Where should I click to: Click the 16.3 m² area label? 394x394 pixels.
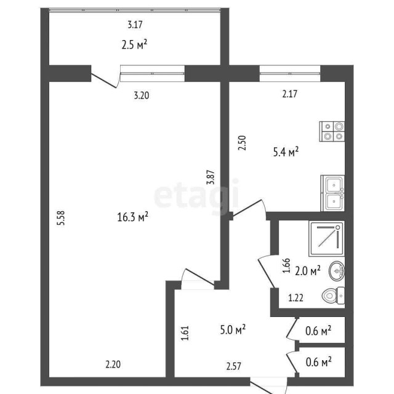133,217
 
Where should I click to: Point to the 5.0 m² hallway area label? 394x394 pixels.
233,330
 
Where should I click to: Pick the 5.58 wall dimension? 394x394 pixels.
60,220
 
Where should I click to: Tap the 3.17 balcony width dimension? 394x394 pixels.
135,25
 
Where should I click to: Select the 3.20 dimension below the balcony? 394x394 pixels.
142,95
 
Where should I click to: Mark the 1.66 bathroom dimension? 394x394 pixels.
285,265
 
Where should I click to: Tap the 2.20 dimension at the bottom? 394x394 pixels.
113,364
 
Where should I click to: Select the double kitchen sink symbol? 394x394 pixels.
332,193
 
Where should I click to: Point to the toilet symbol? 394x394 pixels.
333,297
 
